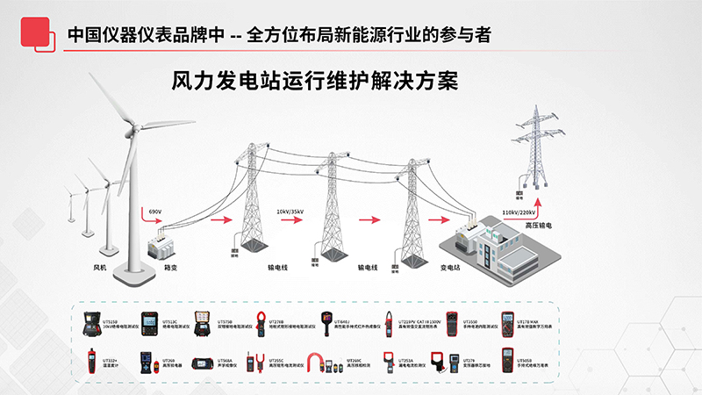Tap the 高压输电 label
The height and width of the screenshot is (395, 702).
coord(539,226)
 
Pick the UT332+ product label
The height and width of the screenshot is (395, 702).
coord(110,360)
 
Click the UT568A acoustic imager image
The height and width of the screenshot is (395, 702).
coord(204,361)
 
